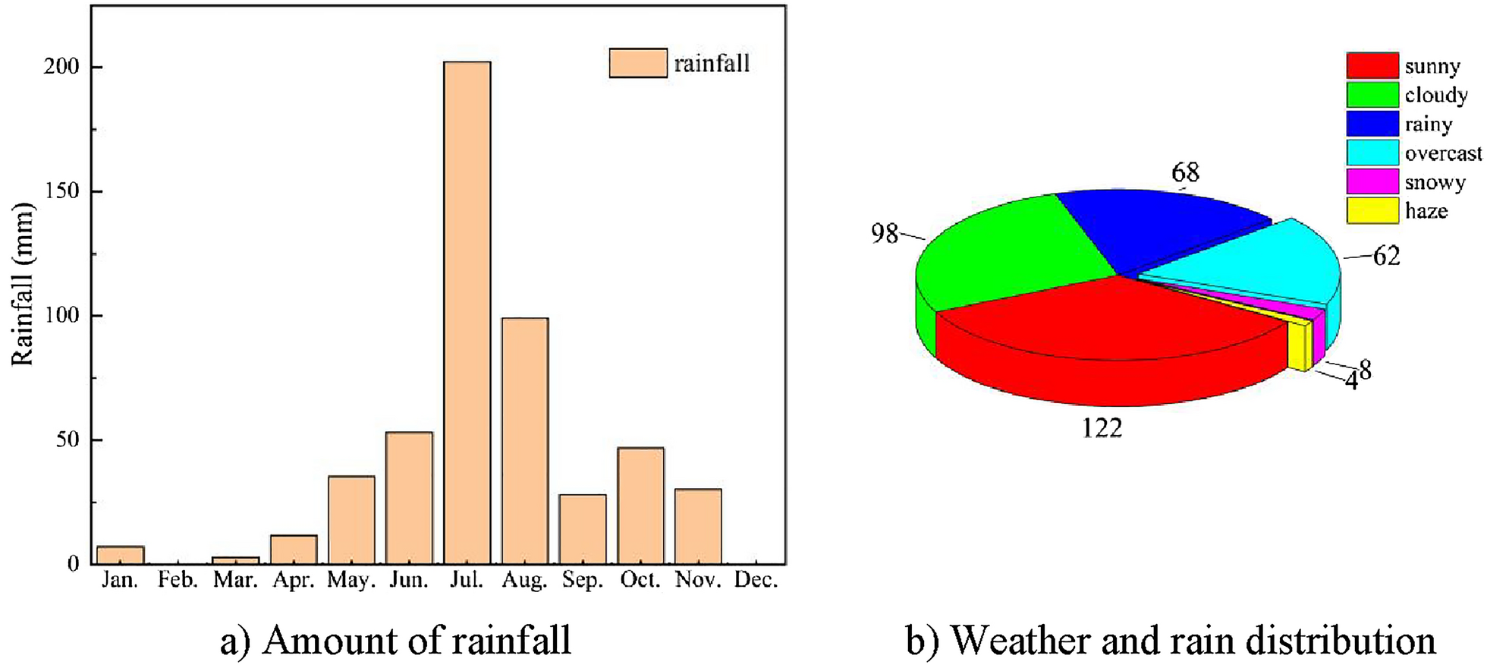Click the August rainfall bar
tap(524, 440)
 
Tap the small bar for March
tap(235, 560)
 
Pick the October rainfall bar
tap(640, 506)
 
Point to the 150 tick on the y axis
tap(61, 191)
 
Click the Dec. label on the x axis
tap(756, 580)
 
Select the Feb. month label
tap(178, 580)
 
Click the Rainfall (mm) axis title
tap(23, 285)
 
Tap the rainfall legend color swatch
tap(638, 63)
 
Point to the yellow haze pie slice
tap(1299, 345)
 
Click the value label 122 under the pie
tap(1102, 429)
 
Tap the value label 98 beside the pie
tap(885, 234)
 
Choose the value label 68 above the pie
tap(1185, 173)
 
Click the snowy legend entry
tap(1434, 182)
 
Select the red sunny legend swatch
tap(1372, 65)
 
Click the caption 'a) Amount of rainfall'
tap(395, 640)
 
